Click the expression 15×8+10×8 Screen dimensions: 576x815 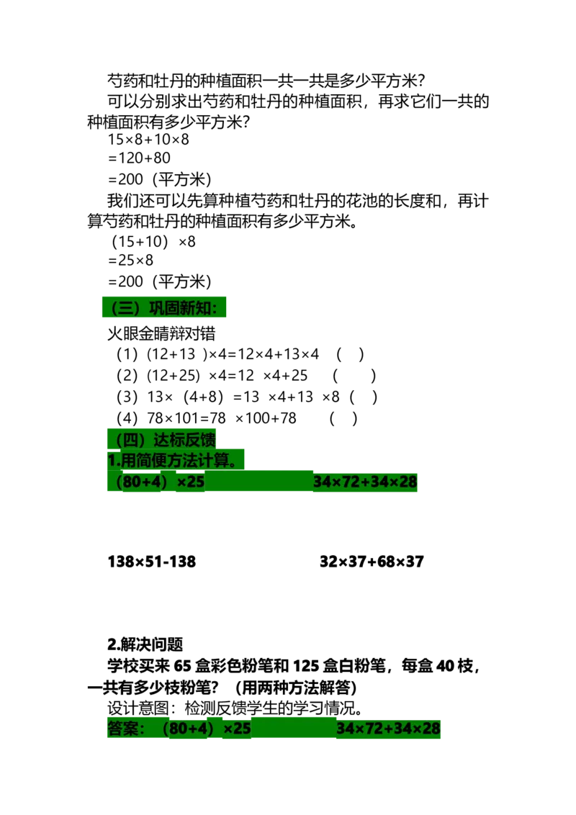[148, 139]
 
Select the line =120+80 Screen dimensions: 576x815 [139, 158]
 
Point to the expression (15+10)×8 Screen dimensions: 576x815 [153, 242]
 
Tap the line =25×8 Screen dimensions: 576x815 [130, 261]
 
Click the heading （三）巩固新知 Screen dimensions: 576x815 [163, 307]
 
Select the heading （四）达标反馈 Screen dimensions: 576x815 [162, 440]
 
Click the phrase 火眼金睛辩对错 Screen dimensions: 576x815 [161, 333]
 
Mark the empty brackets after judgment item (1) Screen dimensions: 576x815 [350, 354]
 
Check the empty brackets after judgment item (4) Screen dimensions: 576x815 [343, 418]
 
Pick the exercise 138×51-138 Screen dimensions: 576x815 [152, 562]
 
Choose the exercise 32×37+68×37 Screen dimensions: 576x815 [372, 562]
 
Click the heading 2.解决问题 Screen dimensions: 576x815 [145, 645]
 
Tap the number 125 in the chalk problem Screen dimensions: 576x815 [306, 667]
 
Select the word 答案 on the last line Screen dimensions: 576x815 [122, 729]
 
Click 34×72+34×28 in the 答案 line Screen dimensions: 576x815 [388, 729]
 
